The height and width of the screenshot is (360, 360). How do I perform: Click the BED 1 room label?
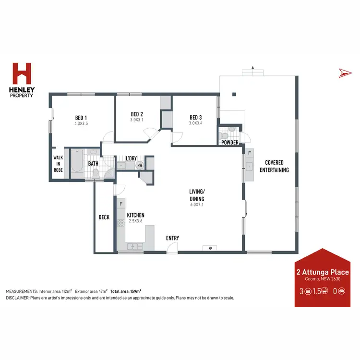(81, 117)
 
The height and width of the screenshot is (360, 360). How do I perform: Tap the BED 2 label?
(137, 114)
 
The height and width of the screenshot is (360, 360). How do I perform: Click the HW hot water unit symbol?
(140, 166)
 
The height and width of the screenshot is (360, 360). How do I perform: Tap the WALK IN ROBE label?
(58, 164)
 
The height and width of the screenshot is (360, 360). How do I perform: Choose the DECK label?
(104, 217)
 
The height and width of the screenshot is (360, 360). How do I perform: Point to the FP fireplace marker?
(210, 248)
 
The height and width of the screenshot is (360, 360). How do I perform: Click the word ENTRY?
(172, 238)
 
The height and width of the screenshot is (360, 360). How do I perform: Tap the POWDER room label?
(230, 143)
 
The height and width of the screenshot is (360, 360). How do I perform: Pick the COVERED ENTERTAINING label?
(275, 166)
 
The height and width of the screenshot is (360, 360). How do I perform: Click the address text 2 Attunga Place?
(323, 272)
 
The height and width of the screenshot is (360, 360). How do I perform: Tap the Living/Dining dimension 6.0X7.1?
(197, 205)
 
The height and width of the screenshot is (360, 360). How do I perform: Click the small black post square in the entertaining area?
(234, 94)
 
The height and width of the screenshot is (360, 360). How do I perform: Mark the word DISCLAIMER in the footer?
(17, 298)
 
